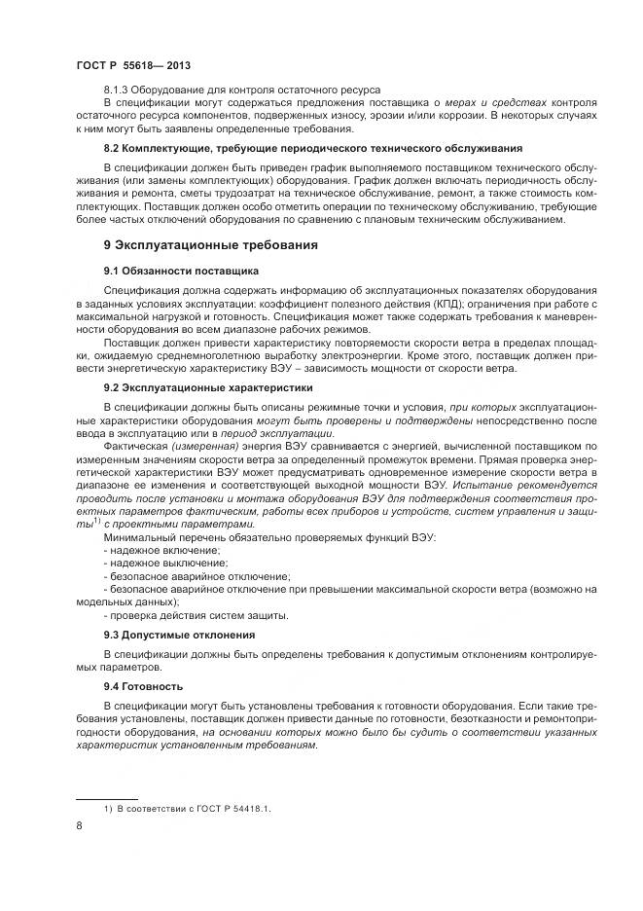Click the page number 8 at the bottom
coord(79,826)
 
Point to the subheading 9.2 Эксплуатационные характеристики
coord(208,386)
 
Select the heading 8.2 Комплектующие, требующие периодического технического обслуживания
coord(313,148)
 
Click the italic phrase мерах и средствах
coord(501,102)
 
